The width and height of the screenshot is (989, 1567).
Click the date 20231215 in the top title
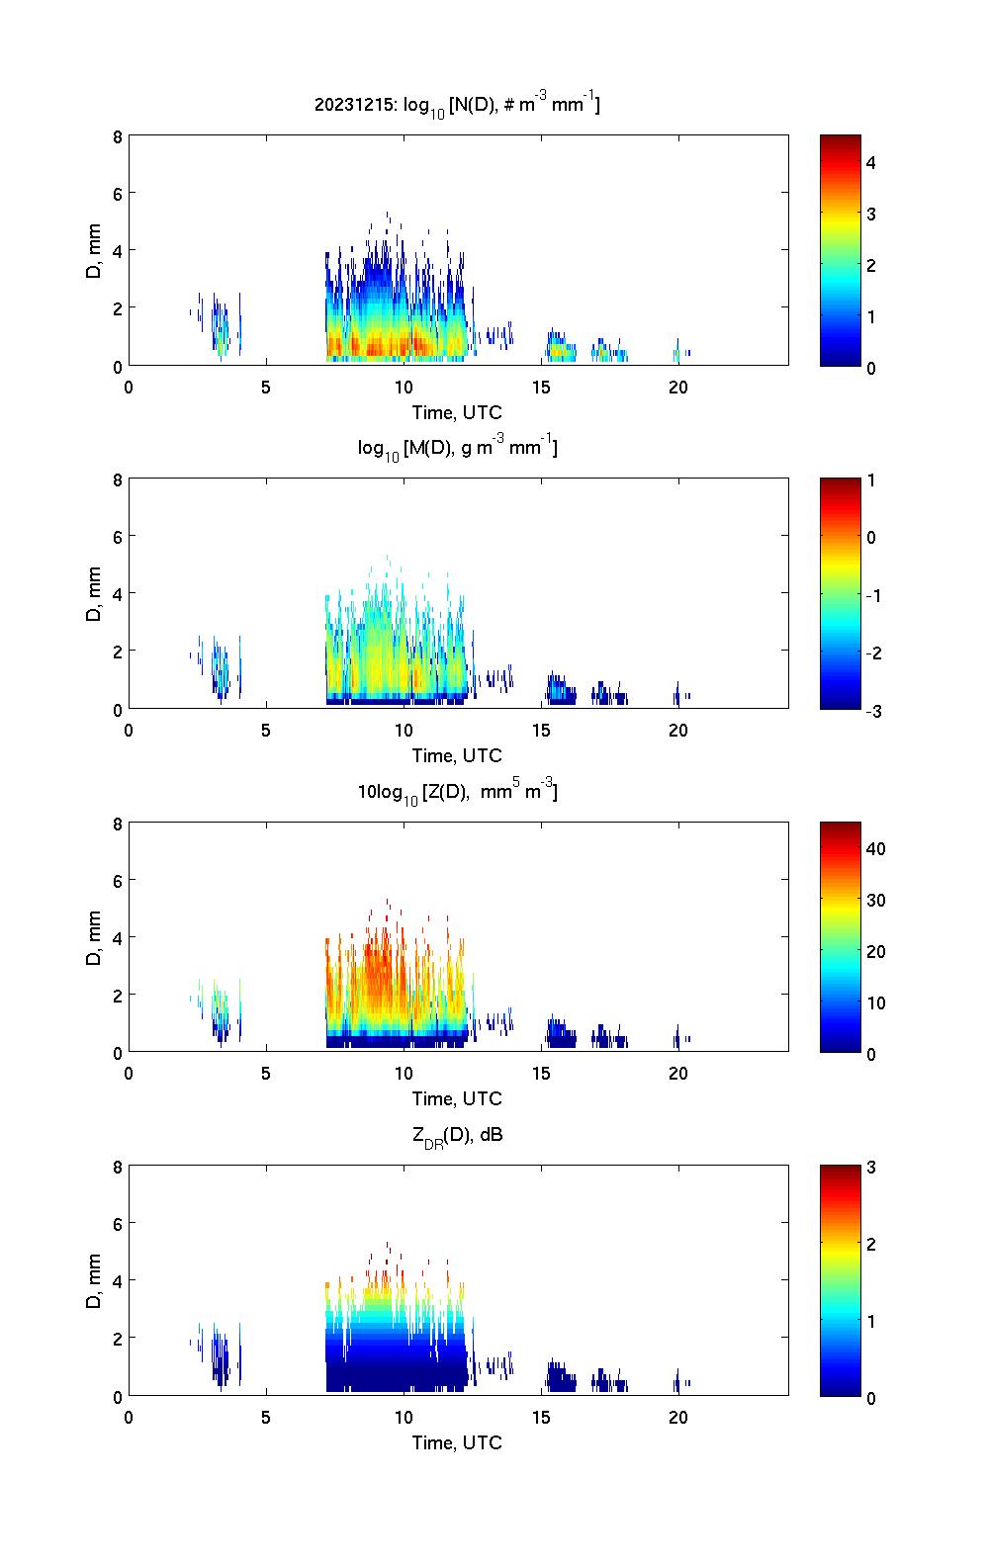tap(354, 104)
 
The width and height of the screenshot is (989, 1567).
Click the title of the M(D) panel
tap(457, 448)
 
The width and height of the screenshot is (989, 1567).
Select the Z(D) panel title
tap(457, 791)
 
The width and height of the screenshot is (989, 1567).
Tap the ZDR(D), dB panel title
tap(457, 1135)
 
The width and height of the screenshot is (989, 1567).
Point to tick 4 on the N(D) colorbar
tap(871, 162)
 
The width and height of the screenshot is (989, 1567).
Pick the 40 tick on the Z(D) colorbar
tap(875, 848)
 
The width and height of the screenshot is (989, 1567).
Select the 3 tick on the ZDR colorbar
tap(871, 1168)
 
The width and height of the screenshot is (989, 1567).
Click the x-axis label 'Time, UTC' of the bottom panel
tap(457, 1442)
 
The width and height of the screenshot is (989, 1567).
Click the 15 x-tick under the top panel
tap(540, 387)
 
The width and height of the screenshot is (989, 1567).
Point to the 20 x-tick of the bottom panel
tap(677, 1417)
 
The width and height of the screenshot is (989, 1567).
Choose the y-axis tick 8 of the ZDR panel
tap(117, 1167)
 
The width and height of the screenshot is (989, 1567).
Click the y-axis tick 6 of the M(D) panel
tap(117, 537)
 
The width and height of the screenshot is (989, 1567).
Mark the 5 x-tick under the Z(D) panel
tap(266, 1074)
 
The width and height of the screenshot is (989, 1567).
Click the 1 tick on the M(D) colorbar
tap(871, 480)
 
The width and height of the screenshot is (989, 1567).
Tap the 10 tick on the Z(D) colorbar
tap(875, 1002)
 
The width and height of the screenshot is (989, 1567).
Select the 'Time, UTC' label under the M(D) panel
tap(457, 755)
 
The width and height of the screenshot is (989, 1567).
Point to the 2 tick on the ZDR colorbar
tap(871, 1244)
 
